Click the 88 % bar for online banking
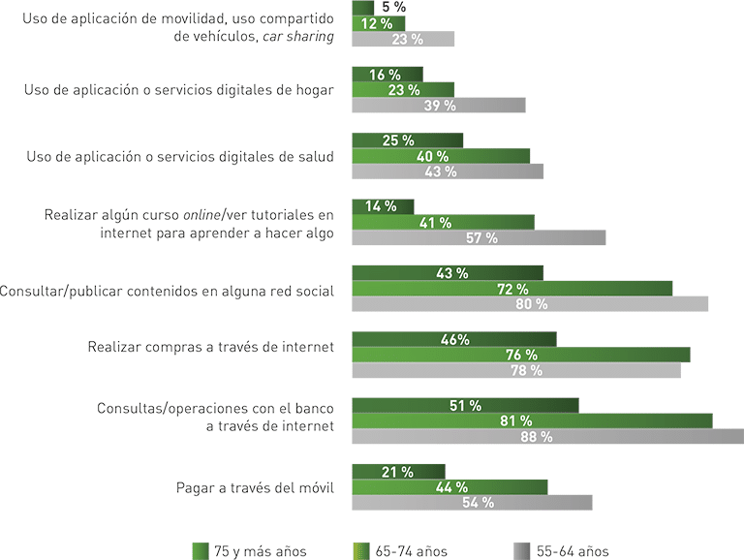pos(547,437)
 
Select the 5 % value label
pos(392,7)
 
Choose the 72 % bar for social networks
pos(511,289)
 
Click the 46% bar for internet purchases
pos(453,340)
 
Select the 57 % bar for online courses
pos(478,238)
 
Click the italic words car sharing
pos(299,38)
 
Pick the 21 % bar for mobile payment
pos(397,472)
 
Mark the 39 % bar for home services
pos(438,106)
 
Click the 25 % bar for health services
pos(407,140)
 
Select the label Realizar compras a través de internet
pos(210,347)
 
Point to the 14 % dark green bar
pos(383,206)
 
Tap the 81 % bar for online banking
pos(531,421)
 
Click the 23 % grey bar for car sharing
pos(402,40)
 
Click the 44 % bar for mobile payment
pos(449,487)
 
